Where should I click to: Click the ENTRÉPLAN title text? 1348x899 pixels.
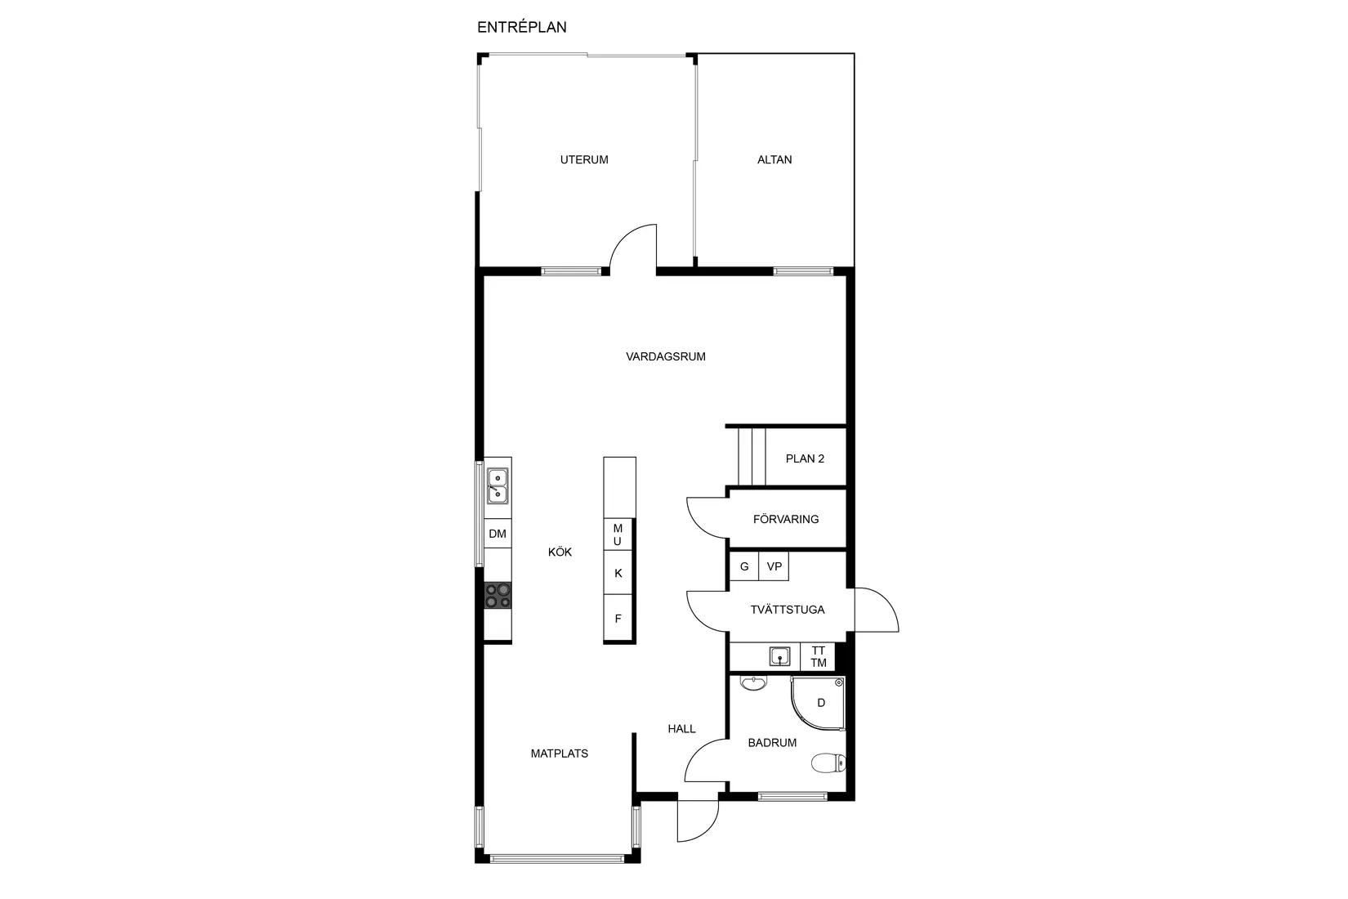tap(522, 27)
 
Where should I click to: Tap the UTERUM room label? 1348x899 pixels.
tap(584, 159)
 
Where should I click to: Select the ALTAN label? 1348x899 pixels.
tap(774, 159)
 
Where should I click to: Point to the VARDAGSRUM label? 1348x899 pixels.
tap(666, 356)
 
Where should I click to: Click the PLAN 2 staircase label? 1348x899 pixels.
tap(805, 458)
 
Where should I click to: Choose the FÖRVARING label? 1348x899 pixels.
tap(786, 519)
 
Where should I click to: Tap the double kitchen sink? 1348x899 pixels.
tap(498, 486)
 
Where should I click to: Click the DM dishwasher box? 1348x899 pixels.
tap(498, 534)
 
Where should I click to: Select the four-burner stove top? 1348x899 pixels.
tap(498, 596)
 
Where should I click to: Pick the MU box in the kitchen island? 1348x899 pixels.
tap(618, 534)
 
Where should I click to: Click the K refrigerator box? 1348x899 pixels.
tap(618, 573)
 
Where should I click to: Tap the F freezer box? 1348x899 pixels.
tap(618, 619)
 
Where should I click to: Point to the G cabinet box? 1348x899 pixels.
tap(743, 566)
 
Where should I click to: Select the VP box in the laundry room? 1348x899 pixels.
tap(774, 566)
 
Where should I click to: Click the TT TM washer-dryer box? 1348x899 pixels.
tap(818, 656)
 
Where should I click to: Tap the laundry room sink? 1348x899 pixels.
tap(780, 656)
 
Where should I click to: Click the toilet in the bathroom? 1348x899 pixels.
tap(828, 763)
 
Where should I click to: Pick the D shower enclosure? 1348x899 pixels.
tap(819, 704)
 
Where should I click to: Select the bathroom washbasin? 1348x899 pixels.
tap(752, 683)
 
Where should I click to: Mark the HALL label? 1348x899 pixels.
tap(682, 728)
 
